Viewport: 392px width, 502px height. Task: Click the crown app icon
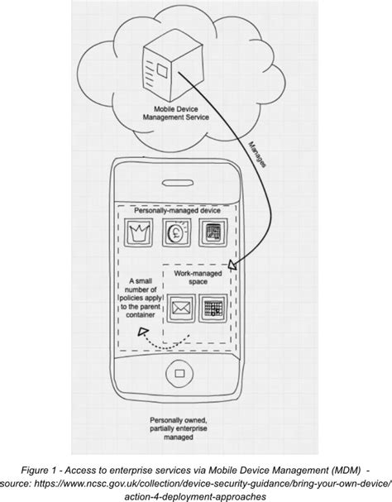pos(138,234)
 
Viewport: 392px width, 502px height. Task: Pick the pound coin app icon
pos(176,234)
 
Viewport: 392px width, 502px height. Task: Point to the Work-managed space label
pos(195,277)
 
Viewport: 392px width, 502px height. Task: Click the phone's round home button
pos(177,373)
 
